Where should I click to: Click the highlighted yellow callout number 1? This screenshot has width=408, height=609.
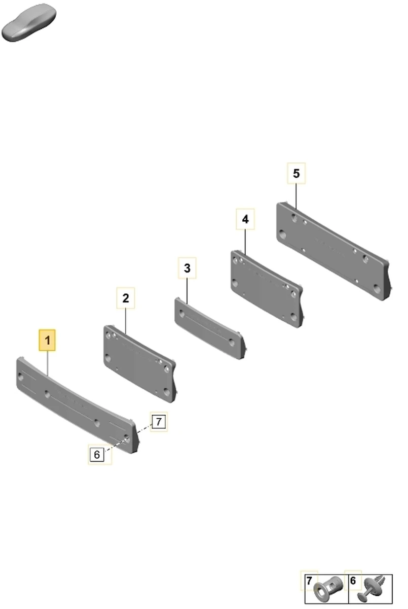click(47, 340)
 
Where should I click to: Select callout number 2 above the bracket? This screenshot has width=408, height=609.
click(125, 298)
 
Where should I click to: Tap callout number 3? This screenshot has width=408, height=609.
click(187, 268)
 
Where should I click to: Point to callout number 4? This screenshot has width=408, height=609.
click(245, 219)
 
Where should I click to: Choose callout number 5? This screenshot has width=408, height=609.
click(296, 174)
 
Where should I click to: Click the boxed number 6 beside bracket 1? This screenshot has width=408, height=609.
click(97, 454)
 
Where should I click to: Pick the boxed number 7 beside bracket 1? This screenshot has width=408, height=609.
click(159, 422)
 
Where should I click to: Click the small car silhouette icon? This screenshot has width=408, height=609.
click(29, 22)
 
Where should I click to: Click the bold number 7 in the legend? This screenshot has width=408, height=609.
click(309, 581)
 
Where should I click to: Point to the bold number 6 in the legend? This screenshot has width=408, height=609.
click(353, 581)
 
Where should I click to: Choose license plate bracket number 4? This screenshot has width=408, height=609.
click(267, 289)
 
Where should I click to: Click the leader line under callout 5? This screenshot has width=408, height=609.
click(296, 196)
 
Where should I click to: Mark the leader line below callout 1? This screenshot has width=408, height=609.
click(48, 363)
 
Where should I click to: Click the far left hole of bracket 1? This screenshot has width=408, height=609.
click(20, 377)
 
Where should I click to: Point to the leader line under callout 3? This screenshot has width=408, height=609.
click(187, 291)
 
